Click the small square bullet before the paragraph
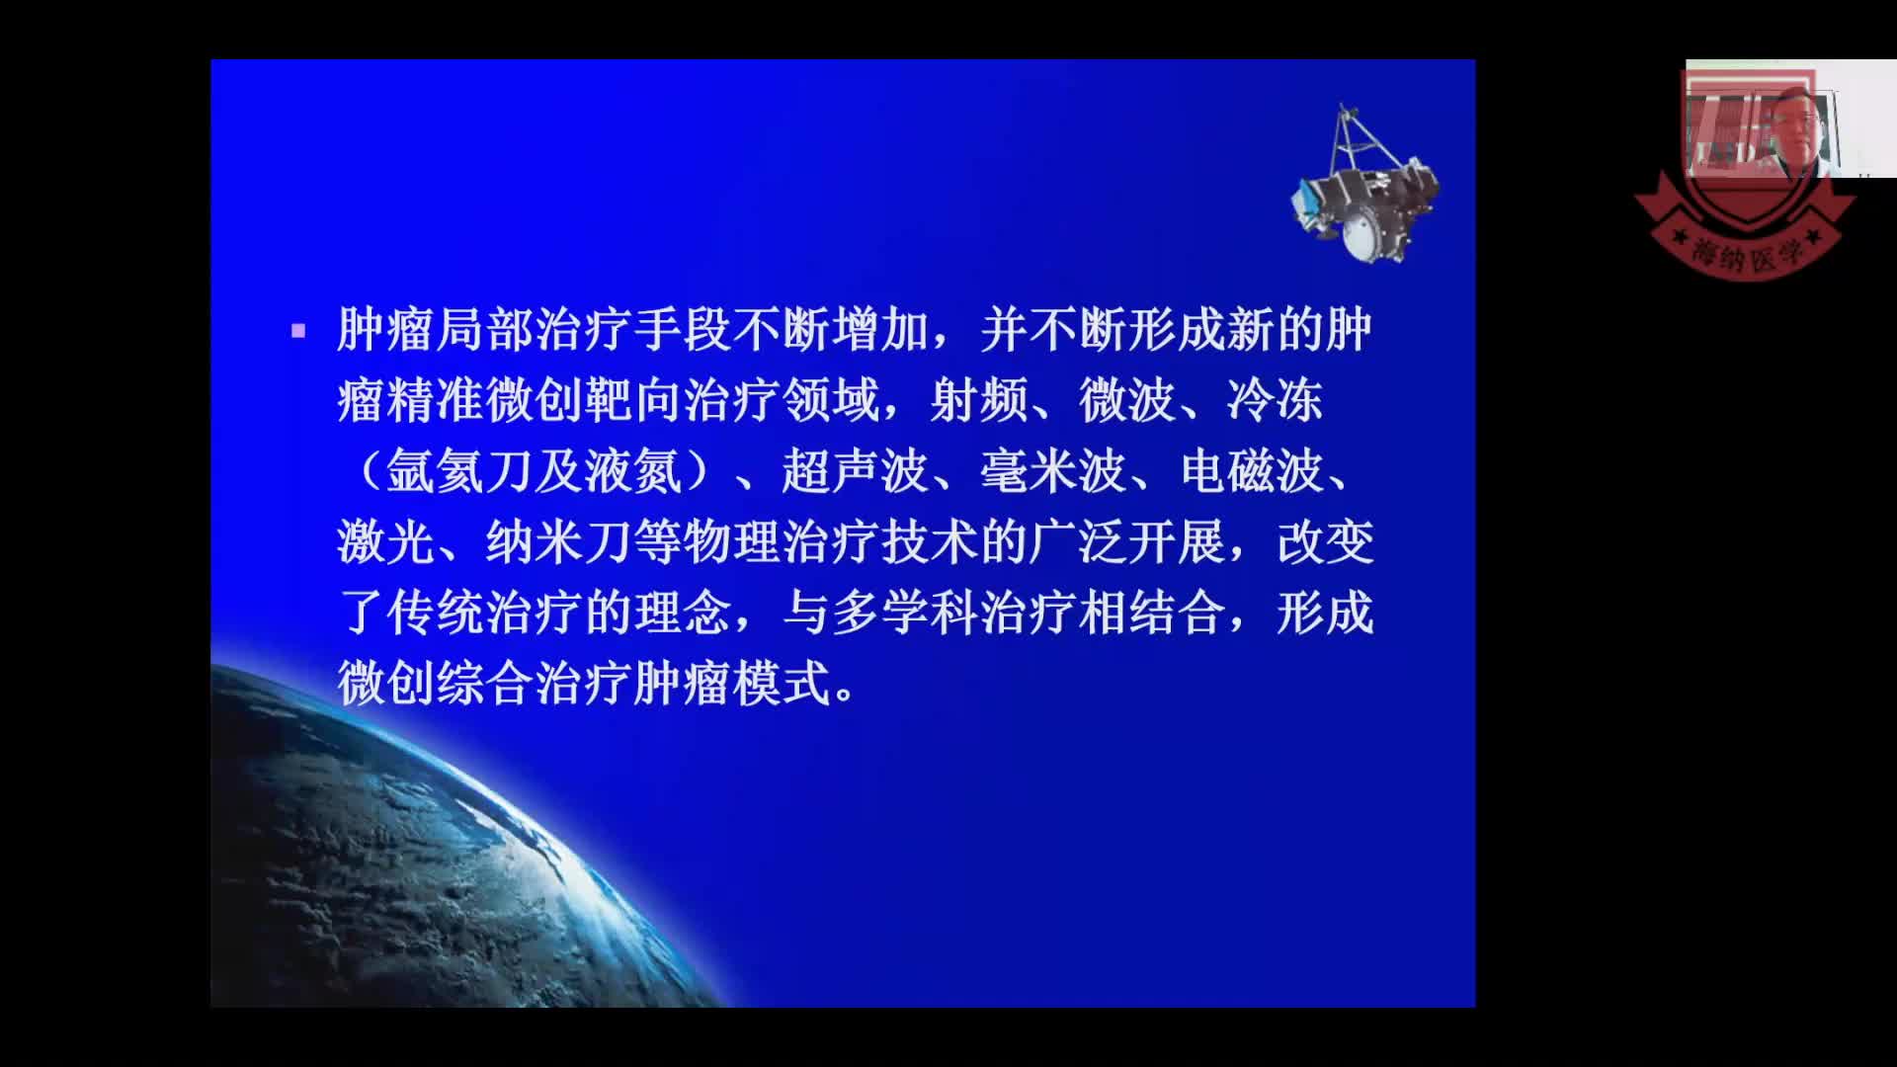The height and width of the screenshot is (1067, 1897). [298, 332]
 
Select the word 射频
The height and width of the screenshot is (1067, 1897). [978, 401]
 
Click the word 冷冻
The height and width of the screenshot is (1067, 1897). [1275, 401]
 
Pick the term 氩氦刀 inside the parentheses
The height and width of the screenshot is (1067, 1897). [458, 471]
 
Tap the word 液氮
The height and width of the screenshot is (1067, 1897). [632, 471]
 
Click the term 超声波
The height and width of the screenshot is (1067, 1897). [855, 471]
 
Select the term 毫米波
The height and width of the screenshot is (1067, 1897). [1052, 471]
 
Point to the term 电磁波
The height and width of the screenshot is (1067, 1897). [1252, 471]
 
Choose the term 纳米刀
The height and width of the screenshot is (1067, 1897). [558, 542]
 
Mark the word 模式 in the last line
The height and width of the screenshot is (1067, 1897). [781, 684]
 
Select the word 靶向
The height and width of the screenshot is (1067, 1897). [632, 401]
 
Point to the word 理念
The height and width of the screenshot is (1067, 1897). [682, 613]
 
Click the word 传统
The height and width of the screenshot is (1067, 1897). [435, 613]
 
